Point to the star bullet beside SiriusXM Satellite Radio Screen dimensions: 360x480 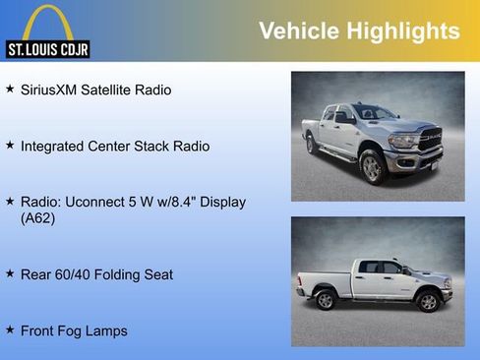(x=10, y=90)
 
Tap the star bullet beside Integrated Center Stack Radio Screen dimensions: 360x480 (x=10, y=146)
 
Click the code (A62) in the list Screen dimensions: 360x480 (x=38, y=219)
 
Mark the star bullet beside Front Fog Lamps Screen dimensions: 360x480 (x=10, y=330)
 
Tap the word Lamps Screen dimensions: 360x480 (x=108, y=331)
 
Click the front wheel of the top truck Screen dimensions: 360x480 (x=373, y=167)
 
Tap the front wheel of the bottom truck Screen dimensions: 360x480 (x=428, y=301)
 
